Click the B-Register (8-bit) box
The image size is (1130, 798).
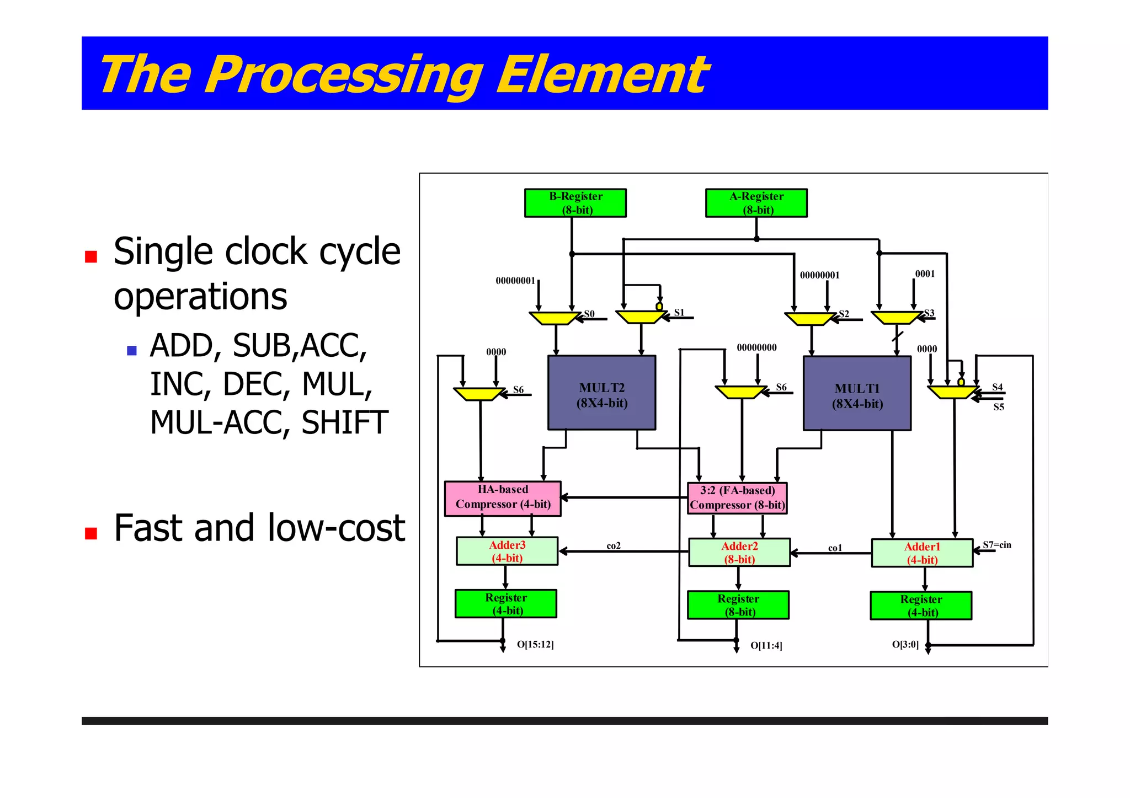pyautogui.click(x=575, y=203)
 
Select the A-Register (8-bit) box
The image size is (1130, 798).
pyautogui.click(x=756, y=203)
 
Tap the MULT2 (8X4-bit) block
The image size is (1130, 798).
pyautogui.click(x=601, y=393)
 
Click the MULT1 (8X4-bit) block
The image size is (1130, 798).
pyautogui.click(x=857, y=393)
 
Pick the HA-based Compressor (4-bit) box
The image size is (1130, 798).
pyautogui.click(x=503, y=499)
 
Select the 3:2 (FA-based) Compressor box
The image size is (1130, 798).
pyautogui.click(x=737, y=498)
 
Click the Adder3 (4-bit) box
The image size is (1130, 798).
pyautogui.click(x=507, y=551)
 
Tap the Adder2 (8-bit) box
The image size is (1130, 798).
pyautogui.click(x=739, y=553)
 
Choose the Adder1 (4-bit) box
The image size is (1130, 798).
pyautogui.click(x=922, y=553)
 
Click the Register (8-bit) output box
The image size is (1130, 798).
pyautogui.click(x=738, y=605)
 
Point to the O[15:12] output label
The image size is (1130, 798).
pyautogui.click(x=535, y=644)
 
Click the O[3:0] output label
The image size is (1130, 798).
pyautogui.click(x=905, y=644)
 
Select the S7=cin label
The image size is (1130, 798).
pyautogui.click(x=997, y=545)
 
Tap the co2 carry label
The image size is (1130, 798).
pyautogui.click(x=614, y=545)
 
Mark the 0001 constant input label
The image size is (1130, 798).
pyautogui.click(x=925, y=274)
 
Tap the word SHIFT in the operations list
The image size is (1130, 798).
pyautogui.click(x=345, y=423)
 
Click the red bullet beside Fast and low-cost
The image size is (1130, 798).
pyautogui.click(x=91, y=533)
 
